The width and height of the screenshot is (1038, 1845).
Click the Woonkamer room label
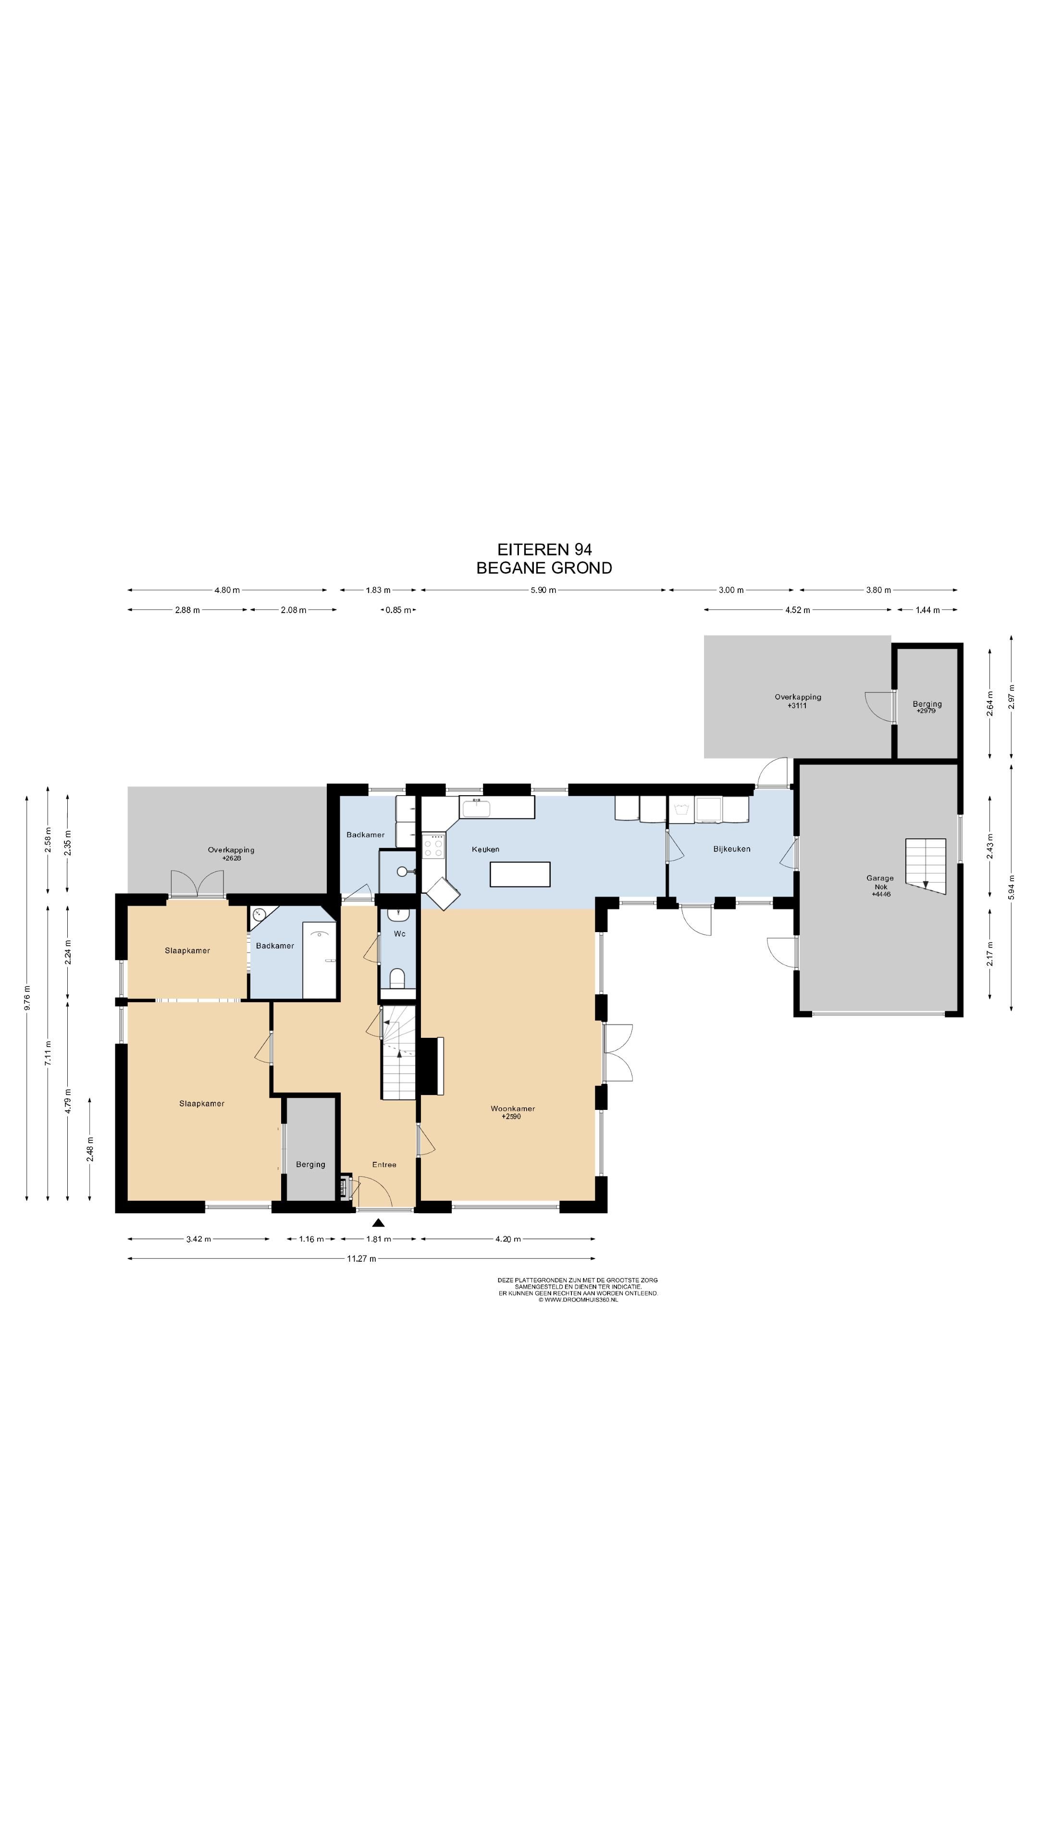click(x=512, y=1108)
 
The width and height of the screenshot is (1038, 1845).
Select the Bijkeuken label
click(x=731, y=849)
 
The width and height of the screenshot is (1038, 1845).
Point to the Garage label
click(x=880, y=877)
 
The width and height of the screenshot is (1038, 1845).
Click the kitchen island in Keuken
click(x=520, y=874)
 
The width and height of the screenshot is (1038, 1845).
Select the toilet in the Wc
click(x=397, y=978)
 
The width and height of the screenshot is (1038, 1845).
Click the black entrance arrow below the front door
click(x=378, y=1223)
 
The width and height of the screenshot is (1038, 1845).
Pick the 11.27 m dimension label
click(x=362, y=1258)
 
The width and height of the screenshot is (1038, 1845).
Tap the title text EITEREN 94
click(x=544, y=549)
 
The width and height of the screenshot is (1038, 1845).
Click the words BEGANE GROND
click(x=544, y=568)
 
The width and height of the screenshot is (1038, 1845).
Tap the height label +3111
click(x=797, y=705)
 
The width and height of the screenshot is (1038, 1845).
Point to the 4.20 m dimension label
click(x=507, y=1239)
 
